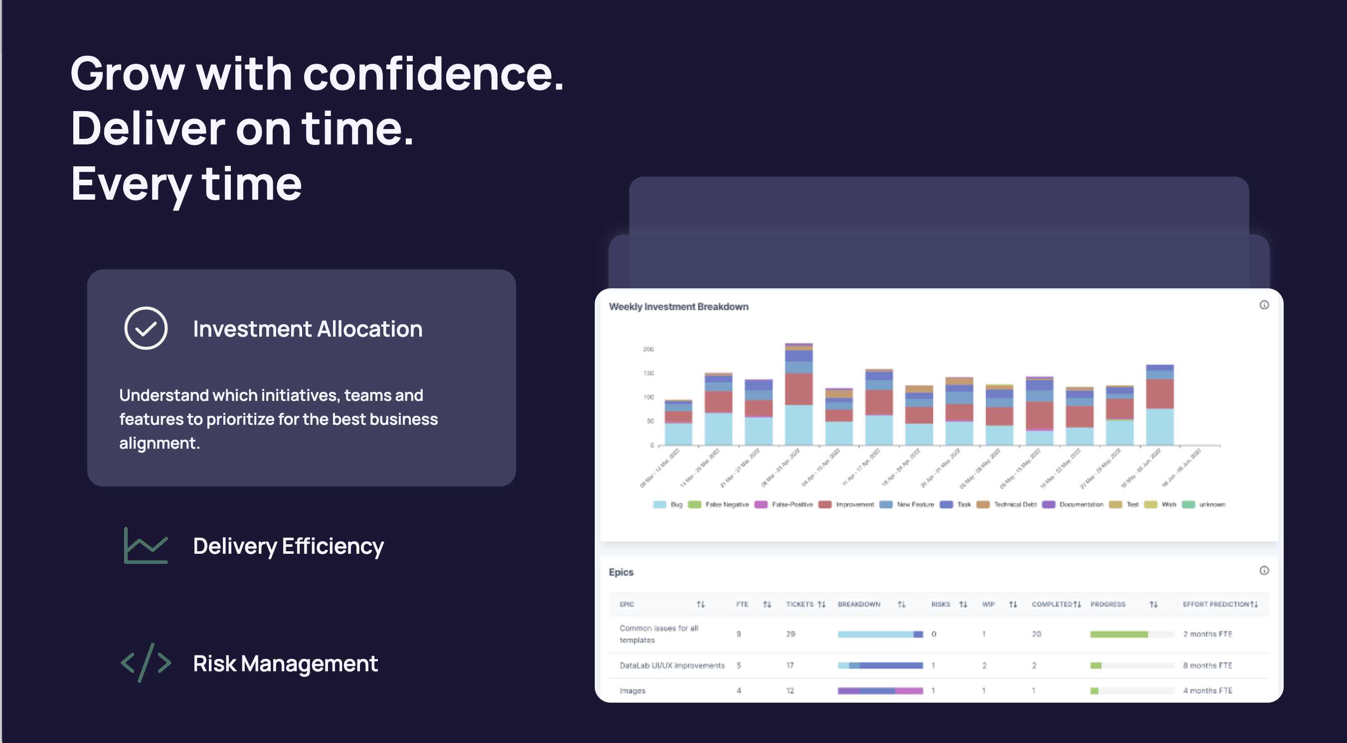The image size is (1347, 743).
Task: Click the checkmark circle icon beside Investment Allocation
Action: click(x=146, y=328)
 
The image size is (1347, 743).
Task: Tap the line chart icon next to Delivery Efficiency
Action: click(x=146, y=545)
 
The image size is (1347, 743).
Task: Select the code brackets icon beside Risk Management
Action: click(x=146, y=662)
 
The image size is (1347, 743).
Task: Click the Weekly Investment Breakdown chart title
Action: click(x=678, y=307)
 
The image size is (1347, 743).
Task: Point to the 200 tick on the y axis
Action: click(x=648, y=349)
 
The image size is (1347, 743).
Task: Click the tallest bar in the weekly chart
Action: click(x=799, y=394)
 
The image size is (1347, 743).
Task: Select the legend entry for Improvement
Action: click(x=847, y=505)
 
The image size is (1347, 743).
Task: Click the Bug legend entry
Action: click(x=669, y=505)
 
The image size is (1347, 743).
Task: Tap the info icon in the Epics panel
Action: click(x=1264, y=571)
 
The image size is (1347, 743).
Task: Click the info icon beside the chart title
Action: click(x=1264, y=305)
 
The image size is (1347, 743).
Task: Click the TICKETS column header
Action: click(x=800, y=605)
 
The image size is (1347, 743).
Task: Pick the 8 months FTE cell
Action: click(x=1207, y=666)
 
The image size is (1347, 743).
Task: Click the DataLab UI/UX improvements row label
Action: click(x=672, y=666)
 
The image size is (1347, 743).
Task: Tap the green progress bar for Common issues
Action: click(x=1119, y=634)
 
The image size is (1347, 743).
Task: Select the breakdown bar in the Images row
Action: click(x=880, y=691)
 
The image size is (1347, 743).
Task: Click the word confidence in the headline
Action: click(x=432, y=74)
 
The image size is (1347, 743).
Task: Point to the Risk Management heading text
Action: click(x=285, y=664)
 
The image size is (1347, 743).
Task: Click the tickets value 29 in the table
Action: click(x=791, y=634)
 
